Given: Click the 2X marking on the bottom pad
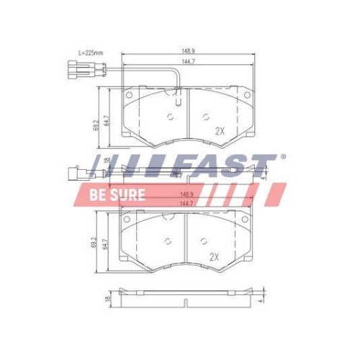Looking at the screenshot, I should pyautogui.click(x=213, y=256).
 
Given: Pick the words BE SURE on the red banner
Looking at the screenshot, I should pyautogui.click(x=117, y=194).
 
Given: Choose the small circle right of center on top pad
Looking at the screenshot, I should pyautogui.click(x=205, y=118).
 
